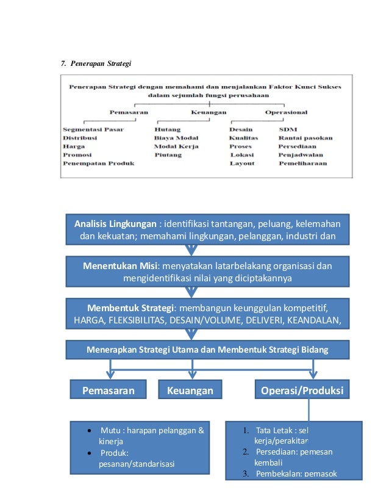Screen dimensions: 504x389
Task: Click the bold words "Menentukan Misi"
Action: pos(120,265)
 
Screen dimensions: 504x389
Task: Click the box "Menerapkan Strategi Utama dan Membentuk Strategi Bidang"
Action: pos(207,350)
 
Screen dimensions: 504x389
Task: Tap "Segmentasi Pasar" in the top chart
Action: pos(93,129)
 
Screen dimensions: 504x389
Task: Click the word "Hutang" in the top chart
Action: pos(167,129)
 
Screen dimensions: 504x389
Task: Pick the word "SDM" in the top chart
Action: pos(287,129)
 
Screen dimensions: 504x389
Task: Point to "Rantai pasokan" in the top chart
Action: pos(305,138)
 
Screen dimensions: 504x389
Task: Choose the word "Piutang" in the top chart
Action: pos(168,155)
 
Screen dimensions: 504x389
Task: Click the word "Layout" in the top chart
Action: pos(242,164)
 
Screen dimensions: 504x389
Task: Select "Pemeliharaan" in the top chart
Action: pos(302,164)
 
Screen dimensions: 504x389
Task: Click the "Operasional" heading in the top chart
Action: pos(286,112)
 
